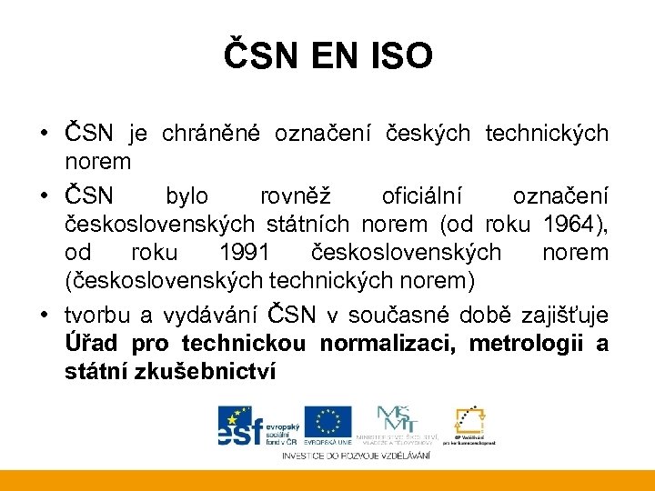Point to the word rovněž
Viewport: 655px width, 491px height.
point(294,196)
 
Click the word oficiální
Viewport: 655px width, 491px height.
point(422,196)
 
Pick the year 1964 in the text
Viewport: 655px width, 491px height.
point(569,224)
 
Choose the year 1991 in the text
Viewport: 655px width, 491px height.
point(244,251)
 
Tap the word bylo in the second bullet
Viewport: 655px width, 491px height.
point(186,196)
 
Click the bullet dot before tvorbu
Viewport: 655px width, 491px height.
point(45,316)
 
